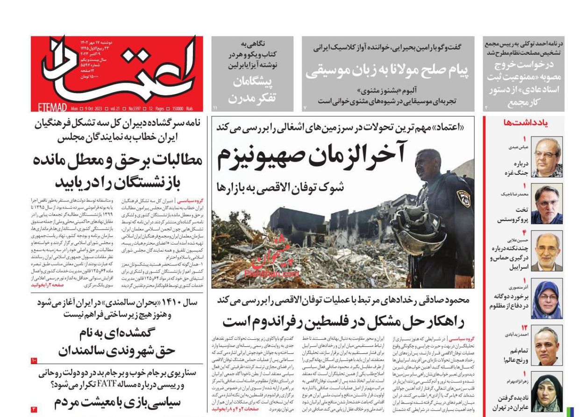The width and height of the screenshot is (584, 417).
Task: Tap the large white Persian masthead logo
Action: click(117, 70)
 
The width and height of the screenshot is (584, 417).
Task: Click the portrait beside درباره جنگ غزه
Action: click(547, 157)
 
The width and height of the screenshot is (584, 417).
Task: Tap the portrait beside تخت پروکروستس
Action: click(547, 204)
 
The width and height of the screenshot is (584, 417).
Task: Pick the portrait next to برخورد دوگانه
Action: click(547, 299)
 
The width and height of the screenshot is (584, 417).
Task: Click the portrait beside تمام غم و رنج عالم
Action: click(547, 346)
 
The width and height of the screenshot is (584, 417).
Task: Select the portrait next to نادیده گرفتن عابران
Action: click(547, 393)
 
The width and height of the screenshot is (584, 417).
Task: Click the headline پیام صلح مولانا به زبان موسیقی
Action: click(387, 71)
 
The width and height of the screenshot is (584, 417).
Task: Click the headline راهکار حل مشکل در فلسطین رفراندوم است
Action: click(343, 322)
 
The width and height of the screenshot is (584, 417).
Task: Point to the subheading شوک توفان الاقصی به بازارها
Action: click(280, 187)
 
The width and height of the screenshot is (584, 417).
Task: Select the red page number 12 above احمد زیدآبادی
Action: click(524, 327)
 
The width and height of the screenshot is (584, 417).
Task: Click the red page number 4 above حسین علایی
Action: click(524, 232)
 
